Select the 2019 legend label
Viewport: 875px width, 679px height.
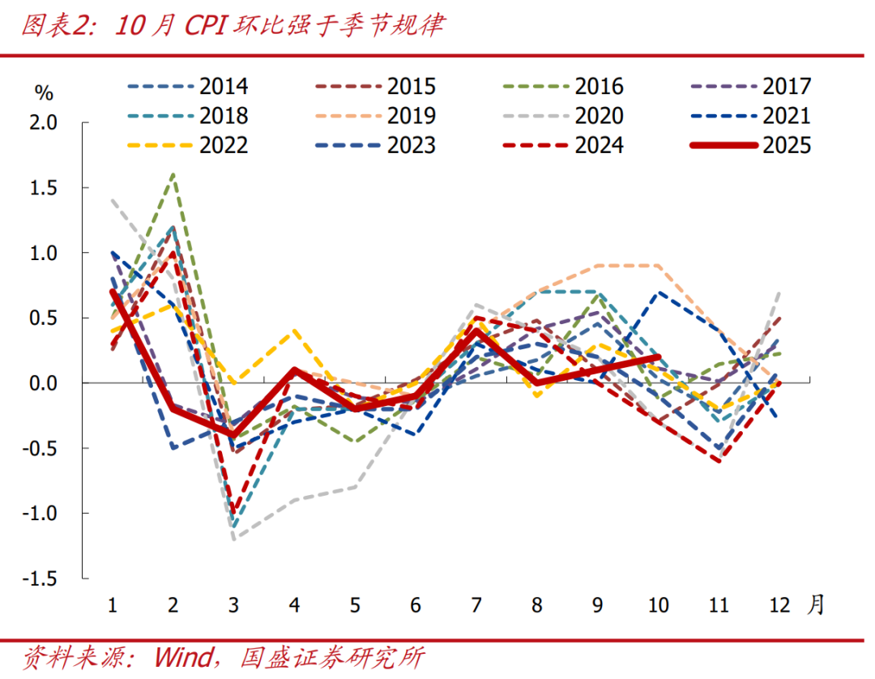412,115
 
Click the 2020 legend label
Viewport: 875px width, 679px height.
600,115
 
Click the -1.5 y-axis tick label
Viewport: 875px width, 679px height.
40,579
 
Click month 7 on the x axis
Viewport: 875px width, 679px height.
477,605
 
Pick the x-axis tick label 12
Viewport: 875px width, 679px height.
780,605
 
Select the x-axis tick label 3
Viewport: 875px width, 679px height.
233,605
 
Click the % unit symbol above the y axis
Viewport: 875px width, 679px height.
44,92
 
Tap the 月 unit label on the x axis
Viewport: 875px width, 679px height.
815,604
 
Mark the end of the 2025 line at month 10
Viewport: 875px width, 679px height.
659,357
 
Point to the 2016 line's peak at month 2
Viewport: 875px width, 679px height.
173,174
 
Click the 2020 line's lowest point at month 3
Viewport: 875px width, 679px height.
233,539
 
